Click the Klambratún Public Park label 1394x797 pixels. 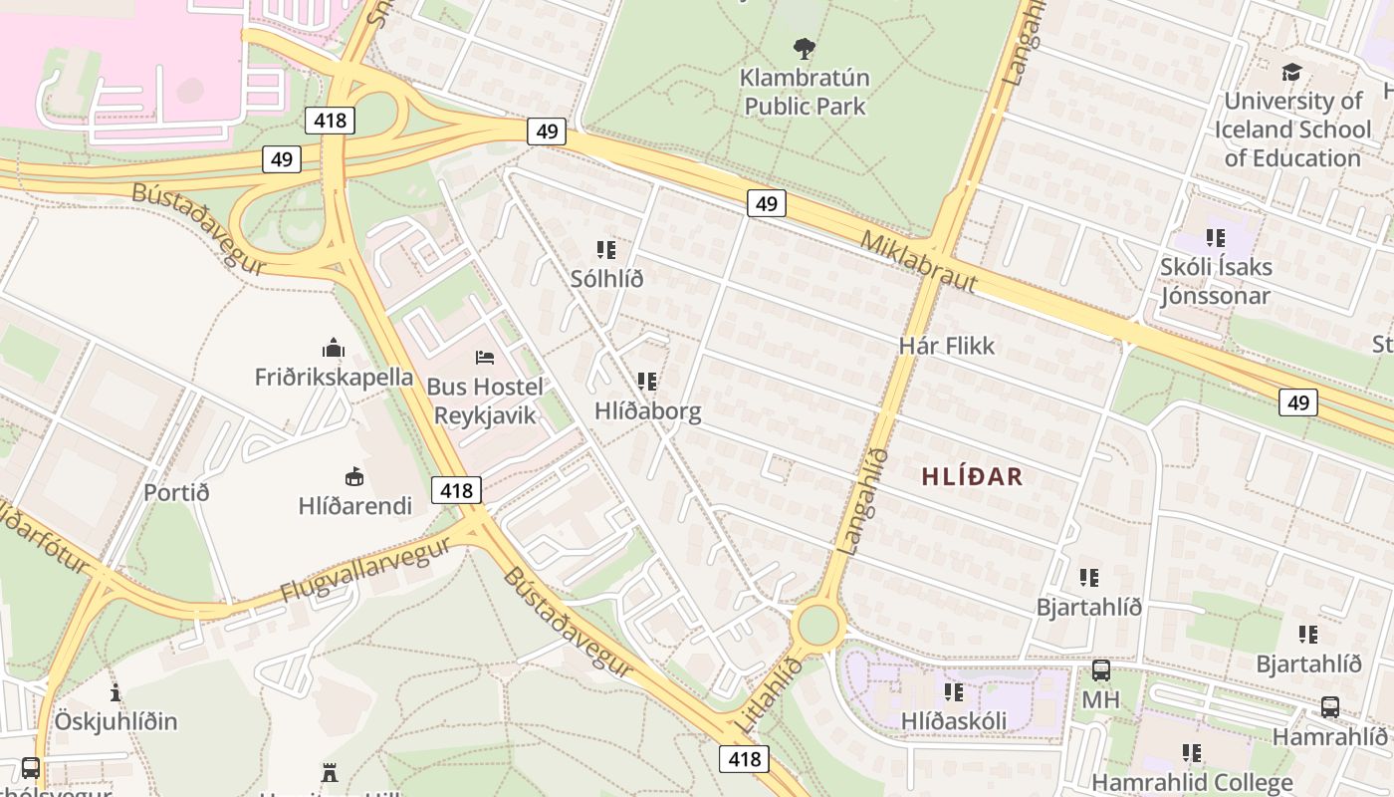click(806, 92)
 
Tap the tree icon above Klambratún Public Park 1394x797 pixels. click(805, 49)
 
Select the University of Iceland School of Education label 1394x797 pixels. click(1292, 130)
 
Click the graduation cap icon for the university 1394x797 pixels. click(1291, 72)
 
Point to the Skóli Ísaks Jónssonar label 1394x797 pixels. click(1215, 281)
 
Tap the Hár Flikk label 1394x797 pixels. click(946, 346)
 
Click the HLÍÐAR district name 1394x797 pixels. click(972, 476)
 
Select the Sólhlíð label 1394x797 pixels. click(606, 279)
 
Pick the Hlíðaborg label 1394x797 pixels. click(647, 410)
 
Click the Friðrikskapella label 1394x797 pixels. click(334, 377)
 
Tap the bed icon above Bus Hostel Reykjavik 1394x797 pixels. click(485, 357)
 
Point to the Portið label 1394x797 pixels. click(176, 492)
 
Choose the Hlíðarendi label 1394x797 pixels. click(354, 505)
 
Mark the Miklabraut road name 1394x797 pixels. click(918, 262)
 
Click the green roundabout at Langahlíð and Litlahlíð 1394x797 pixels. click(818, 626)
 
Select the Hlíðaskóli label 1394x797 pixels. click(953, 720)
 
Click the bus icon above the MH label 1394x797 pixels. click(1100, 670)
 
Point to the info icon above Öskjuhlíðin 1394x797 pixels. click(116, 692)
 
